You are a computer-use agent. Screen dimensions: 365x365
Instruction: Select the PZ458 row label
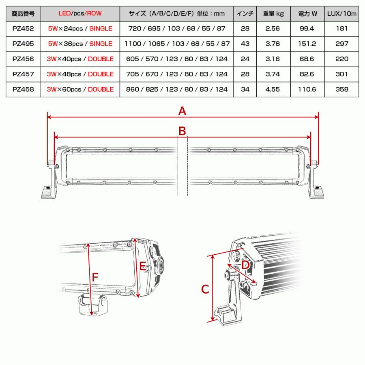click(x=23, y=89)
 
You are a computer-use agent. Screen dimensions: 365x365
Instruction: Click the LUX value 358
click(x=342, y=89)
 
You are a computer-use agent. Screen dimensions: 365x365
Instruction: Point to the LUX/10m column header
click(x=342, y=13)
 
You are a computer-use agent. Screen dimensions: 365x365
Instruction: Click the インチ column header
click(x=245, y=13)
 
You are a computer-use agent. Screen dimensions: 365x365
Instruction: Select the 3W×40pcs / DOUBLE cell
click(x=80, y=59)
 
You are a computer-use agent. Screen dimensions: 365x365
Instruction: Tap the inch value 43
click(x=245, y=44)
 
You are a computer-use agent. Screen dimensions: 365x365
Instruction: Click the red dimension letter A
click(x=182, y=111)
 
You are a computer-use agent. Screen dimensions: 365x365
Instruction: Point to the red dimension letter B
click(x=182, y=131)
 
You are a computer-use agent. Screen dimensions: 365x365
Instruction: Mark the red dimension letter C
click(x=205, y=290)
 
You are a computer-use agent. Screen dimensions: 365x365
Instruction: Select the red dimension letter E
click(x=143, y=266)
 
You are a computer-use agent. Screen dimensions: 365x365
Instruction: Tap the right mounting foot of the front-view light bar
click(x=318, y=192)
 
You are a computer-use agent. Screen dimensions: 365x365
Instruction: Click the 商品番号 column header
click(x=23, y=13)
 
